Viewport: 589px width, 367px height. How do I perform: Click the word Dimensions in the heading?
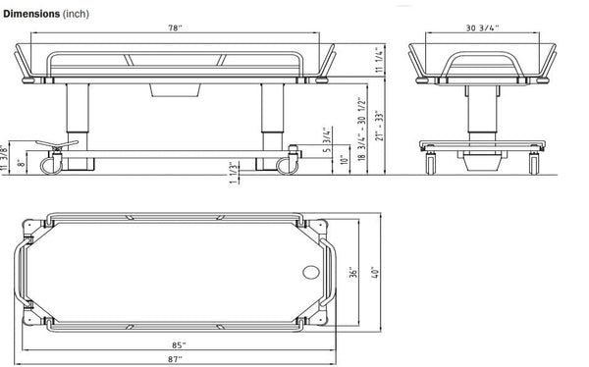click(x=33, y=9)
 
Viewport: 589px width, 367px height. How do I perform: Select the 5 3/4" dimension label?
click(x=326, y=142)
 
